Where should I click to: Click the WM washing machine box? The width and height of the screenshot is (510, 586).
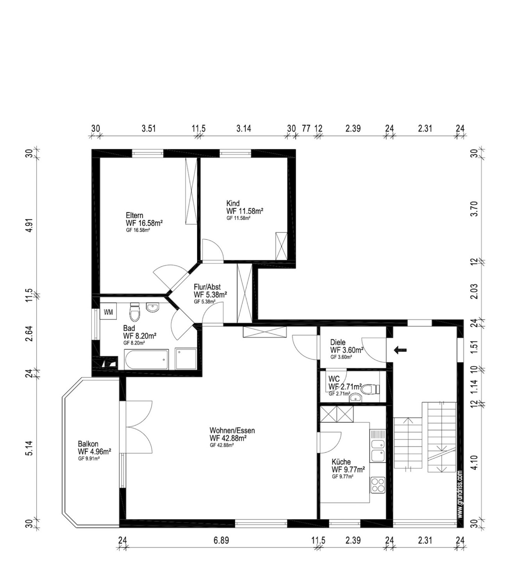(108, 312)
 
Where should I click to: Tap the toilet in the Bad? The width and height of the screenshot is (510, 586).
(135, 312)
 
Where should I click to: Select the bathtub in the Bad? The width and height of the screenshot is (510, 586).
(146, 359)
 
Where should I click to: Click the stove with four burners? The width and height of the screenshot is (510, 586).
(378, 485)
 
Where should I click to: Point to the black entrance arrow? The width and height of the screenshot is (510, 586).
(400, 350)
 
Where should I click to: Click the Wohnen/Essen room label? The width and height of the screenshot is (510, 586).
(232, 431)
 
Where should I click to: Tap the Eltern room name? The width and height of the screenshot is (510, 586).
(134, 215)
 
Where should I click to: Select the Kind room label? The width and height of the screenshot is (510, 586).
(233, 203)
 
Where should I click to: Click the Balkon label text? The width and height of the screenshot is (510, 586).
(88, 444)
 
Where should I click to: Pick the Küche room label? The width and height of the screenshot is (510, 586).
(341, 462)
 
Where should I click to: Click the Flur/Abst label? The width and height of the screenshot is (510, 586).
(207, 287)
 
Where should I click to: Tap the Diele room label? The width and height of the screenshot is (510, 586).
(338, 342)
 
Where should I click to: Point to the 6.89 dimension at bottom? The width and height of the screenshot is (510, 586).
(221, 541)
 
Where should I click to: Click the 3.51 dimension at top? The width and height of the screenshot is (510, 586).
(148, 128)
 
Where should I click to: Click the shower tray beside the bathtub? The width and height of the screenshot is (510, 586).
(186, 359)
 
